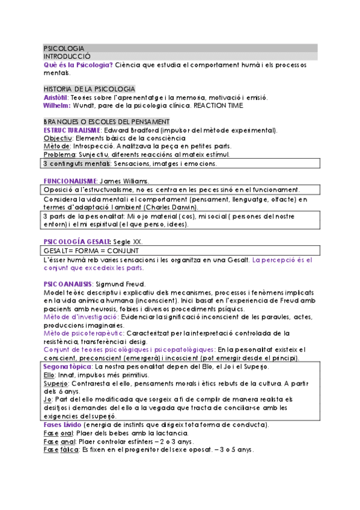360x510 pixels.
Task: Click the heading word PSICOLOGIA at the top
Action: (64, 48)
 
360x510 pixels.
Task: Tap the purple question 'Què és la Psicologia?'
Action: (78, 64)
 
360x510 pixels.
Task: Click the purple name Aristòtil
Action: (56, 97)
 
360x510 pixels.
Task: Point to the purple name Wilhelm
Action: (56, 105)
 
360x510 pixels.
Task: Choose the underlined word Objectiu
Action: (57, 138)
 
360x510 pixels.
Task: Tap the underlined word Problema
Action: (59, 155)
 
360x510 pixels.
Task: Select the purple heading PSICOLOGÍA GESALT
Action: (76, 242)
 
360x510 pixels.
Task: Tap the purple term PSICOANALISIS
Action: (67, 283)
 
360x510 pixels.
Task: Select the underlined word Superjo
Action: (56, 383)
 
